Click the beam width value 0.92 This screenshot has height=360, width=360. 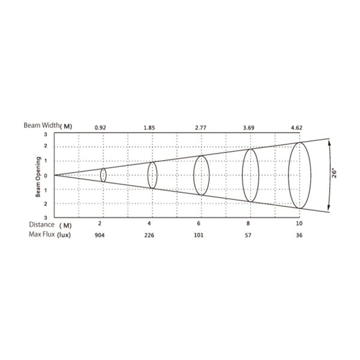[x=100, y=128]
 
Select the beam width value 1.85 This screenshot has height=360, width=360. [x=149, y=128]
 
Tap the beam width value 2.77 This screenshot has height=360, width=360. [x=200, y=128]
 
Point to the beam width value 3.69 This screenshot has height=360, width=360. [x=248, y=128]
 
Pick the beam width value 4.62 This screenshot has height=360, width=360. [x=296, y=128]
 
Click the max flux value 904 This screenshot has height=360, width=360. [x=100, y=235]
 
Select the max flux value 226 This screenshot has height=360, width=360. [x=149, y=235]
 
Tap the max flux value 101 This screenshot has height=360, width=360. [x=199, y=235]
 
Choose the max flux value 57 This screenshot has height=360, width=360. [x=248, y=235]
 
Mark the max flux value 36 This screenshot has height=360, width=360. [x=299, y=235]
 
